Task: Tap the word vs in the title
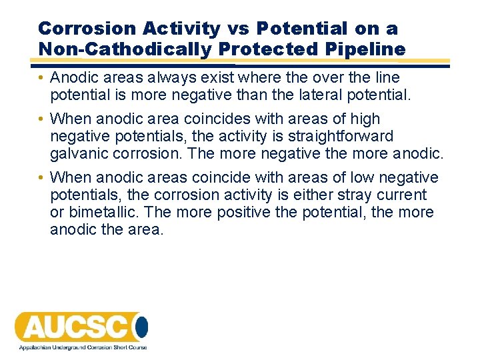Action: point(239,29)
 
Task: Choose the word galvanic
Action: point(80,153)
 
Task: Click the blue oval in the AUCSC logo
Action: point(141,327)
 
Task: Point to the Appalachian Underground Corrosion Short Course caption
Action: point(81,347)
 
